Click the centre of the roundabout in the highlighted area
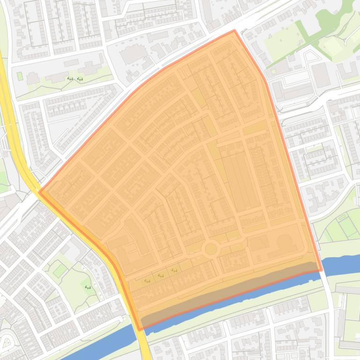click(x=211, y=249)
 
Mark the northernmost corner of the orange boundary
click(x=235, y=31)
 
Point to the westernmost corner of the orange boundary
click(x=40, y=191)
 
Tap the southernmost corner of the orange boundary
click(x=140, y=330)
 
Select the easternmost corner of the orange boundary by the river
click(x=322, y=270)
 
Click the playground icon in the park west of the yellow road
click(x=88, y=287)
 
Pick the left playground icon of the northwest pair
click(x=70, y=79)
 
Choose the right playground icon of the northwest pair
click(x=80, y=79)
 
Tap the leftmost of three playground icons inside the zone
click(x=147, y=281)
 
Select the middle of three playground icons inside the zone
click(x=161, y=275)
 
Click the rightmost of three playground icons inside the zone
click(x=174, y=270)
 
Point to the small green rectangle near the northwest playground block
click(x=20, y=76)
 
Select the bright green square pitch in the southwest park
click(x=59, y=270)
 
